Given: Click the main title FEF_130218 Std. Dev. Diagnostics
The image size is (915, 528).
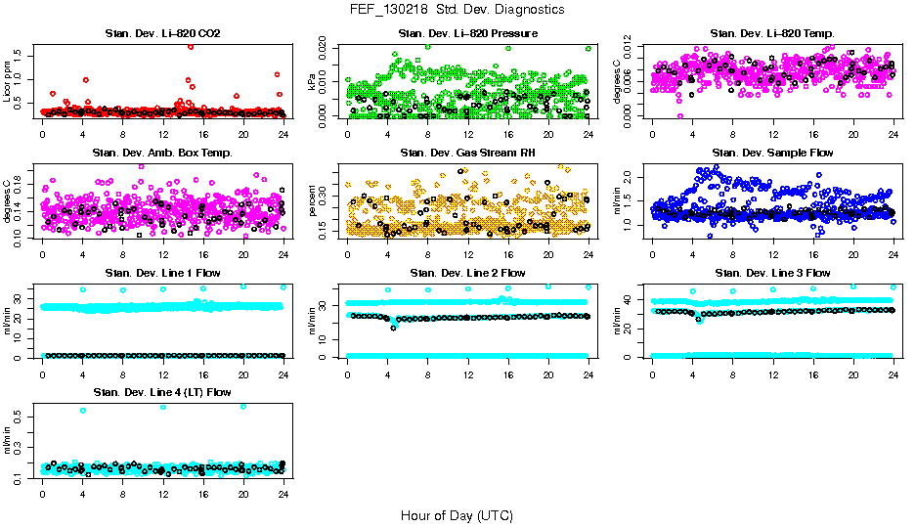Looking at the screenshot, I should click(x=457, y=10).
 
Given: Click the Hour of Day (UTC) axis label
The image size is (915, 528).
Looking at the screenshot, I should click(x=457, y=514).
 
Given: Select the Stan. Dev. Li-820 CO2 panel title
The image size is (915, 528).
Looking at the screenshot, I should click(x=162, y=34).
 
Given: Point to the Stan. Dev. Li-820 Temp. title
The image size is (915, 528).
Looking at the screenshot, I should click(x=772, y=34).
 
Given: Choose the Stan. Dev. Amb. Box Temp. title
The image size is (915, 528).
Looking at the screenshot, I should click(x=162, y=154).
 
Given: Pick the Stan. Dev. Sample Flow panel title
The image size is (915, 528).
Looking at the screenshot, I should click(x=772, y=154).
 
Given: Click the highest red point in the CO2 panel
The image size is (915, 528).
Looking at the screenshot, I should click(x=190, y=46).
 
